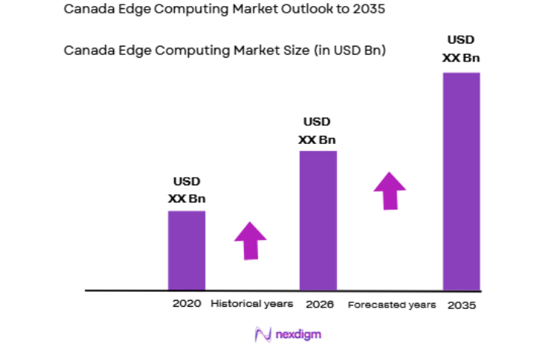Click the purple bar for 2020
coord(186,250)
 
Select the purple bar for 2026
coord(318,220)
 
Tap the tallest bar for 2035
coord(461,181)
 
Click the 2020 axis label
coord(186,304)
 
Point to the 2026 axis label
coord(319,304)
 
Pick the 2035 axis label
coord(461,305)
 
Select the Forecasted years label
coord(392,305)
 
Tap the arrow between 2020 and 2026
coord(250,240)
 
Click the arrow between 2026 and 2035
coord(389,190)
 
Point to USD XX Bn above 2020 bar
coord(186,190)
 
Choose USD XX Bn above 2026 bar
coord(317,130)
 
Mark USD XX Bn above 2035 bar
coord(461,48)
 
